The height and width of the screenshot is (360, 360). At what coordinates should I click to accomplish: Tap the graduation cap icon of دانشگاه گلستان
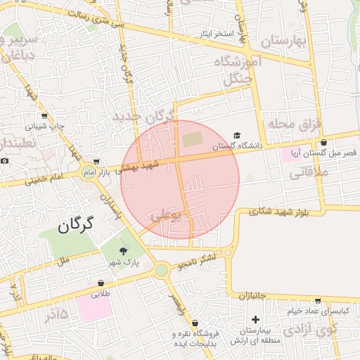(237, 135)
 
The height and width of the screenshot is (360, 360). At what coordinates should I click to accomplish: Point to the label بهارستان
(285, 41)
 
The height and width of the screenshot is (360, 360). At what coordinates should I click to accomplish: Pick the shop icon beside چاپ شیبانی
(45, 116)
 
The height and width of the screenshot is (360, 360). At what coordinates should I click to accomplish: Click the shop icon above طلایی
(101, 284)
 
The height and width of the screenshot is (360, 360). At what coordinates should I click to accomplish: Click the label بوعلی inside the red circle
(166, 215)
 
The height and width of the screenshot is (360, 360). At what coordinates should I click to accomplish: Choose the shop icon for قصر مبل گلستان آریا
(323, 142)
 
